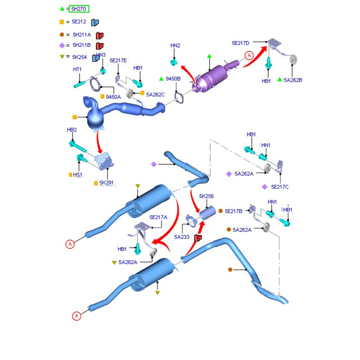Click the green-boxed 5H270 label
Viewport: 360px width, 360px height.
79,9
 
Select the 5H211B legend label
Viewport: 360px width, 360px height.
81,45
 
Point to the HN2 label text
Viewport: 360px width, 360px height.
175,46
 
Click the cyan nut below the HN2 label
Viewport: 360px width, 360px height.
175,61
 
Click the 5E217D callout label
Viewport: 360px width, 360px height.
240,43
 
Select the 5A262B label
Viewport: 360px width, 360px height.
293,80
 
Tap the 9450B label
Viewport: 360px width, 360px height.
173,79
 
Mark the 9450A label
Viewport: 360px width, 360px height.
113,97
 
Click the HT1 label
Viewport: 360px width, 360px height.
77,69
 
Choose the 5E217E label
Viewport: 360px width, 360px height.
119,60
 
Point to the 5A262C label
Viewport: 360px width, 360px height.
155,94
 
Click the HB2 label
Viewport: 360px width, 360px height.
72,130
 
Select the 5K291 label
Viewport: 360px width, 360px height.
107,183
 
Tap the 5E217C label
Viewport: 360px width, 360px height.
280,187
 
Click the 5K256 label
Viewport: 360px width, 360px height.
207,196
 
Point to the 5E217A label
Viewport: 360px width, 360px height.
158,217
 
